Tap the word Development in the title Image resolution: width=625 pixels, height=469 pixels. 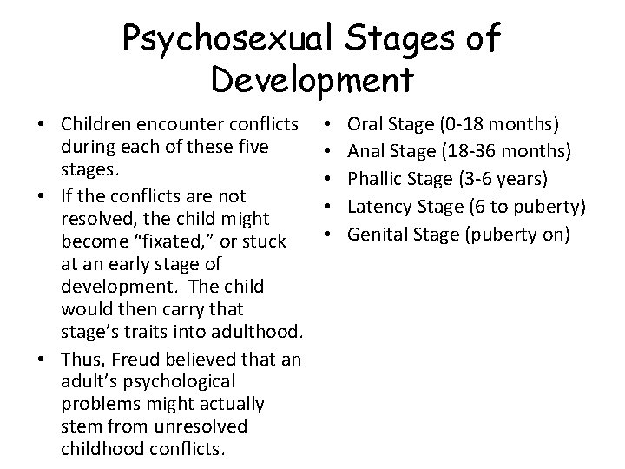pyautogui.click(x=311, y=80)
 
